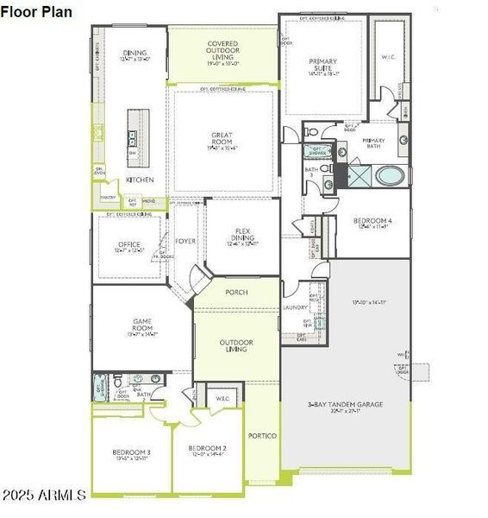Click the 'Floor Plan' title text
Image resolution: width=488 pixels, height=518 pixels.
click(36, 11)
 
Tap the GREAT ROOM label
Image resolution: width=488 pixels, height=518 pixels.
click(222, 139)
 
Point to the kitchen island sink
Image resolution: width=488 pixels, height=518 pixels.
click(132, 137)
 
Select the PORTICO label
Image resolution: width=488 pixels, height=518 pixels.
click(262, 435)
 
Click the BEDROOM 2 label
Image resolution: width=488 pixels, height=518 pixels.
click(207, 449)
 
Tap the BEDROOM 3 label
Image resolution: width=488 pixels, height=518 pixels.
click(132, 453)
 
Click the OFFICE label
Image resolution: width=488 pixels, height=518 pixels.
click(129, 244)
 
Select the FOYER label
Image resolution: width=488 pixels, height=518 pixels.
click(185, 241)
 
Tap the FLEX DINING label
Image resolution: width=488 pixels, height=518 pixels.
click(242, 235)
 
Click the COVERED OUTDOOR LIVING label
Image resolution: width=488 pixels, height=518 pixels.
click(222, 48)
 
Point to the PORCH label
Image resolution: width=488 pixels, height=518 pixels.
click(236, 292)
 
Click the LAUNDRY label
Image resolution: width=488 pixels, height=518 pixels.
click(296, 307)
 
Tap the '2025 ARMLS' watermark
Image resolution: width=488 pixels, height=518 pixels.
click(43, 495)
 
